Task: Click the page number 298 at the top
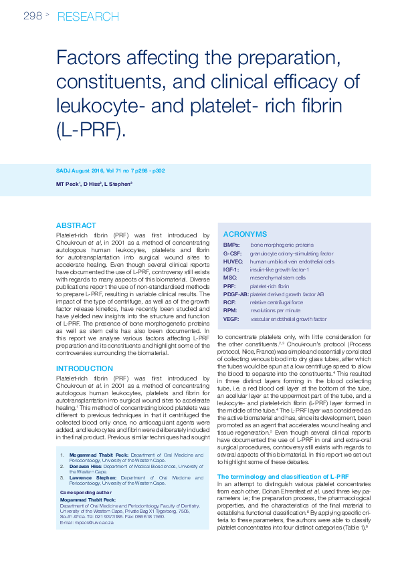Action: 33,16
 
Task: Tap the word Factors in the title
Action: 89,60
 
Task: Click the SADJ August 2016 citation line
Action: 110,171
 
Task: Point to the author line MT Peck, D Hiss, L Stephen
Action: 94,183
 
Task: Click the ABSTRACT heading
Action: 76,225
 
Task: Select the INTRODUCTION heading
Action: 84,368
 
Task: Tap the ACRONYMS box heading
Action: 245,234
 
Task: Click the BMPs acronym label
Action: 231,245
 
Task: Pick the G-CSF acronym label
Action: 233,253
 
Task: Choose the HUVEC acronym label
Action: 234,261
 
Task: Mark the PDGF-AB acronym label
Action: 236,294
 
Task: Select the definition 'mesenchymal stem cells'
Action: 278,277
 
